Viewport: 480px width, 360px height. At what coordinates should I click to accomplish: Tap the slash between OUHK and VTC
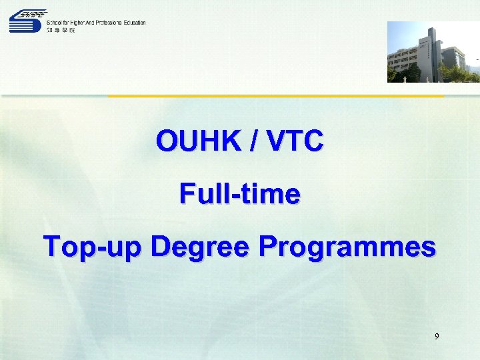255,141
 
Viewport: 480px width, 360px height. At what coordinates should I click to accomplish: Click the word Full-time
239,194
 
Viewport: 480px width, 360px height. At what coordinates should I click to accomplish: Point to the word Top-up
93,247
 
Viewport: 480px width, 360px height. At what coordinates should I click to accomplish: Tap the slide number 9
437,337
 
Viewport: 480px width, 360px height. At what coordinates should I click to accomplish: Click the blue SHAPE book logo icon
25,23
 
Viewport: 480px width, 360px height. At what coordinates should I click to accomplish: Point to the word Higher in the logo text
79,23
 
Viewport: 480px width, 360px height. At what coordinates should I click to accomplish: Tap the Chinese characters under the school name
61,31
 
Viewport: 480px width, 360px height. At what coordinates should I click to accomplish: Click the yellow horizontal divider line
276,96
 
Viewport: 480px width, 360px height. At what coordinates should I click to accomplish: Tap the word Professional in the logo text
109,23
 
